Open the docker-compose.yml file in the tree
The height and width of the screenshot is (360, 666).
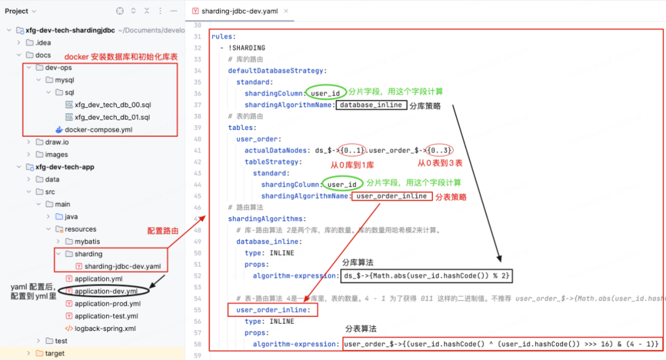tap(98, 129)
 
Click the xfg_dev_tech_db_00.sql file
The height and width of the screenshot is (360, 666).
tap(112, 105)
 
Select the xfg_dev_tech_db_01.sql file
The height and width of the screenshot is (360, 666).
tap(112, 117)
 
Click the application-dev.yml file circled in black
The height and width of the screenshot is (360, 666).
tap(105, 291)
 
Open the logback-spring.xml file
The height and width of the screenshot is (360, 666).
tap(105, 329)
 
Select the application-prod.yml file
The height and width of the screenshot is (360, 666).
tap(107, 303)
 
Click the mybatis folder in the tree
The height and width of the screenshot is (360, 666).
tap(87, 241)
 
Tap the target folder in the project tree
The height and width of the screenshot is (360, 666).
tap(54, 353)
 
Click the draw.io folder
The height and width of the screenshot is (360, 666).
tap(57, 142)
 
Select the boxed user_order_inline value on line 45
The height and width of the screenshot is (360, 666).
tap(392, 196)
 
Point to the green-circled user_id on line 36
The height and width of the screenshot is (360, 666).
tap(326, 93)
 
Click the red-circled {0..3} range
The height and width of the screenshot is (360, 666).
tap(440, 150)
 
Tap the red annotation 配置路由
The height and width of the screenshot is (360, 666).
tap(163, 231)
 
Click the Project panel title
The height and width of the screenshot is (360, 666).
tap(17, 10)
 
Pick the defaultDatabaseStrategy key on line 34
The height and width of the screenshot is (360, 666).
tap(277, 71)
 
